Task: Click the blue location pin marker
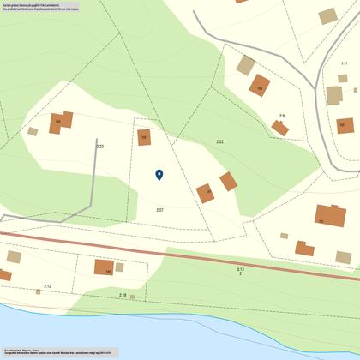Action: (159, 175)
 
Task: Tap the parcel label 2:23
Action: (100, 147)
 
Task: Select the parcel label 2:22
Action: (219, 141)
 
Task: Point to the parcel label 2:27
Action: (159, 210)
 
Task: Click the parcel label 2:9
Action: (281, 116)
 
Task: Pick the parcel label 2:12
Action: (47, 286)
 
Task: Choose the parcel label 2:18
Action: (123, 295)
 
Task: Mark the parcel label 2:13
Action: (241, 270)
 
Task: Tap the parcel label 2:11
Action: (345, 63)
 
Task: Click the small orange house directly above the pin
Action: (144, 136)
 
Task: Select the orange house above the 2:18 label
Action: (104, 267)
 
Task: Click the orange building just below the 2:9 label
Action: (280, 128)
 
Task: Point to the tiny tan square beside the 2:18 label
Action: (132, 297)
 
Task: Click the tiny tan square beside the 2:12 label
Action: (39, 291)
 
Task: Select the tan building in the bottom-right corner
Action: (344, 257)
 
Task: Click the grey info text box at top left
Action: (41, 9)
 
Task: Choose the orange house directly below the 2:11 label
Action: (345, 125)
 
